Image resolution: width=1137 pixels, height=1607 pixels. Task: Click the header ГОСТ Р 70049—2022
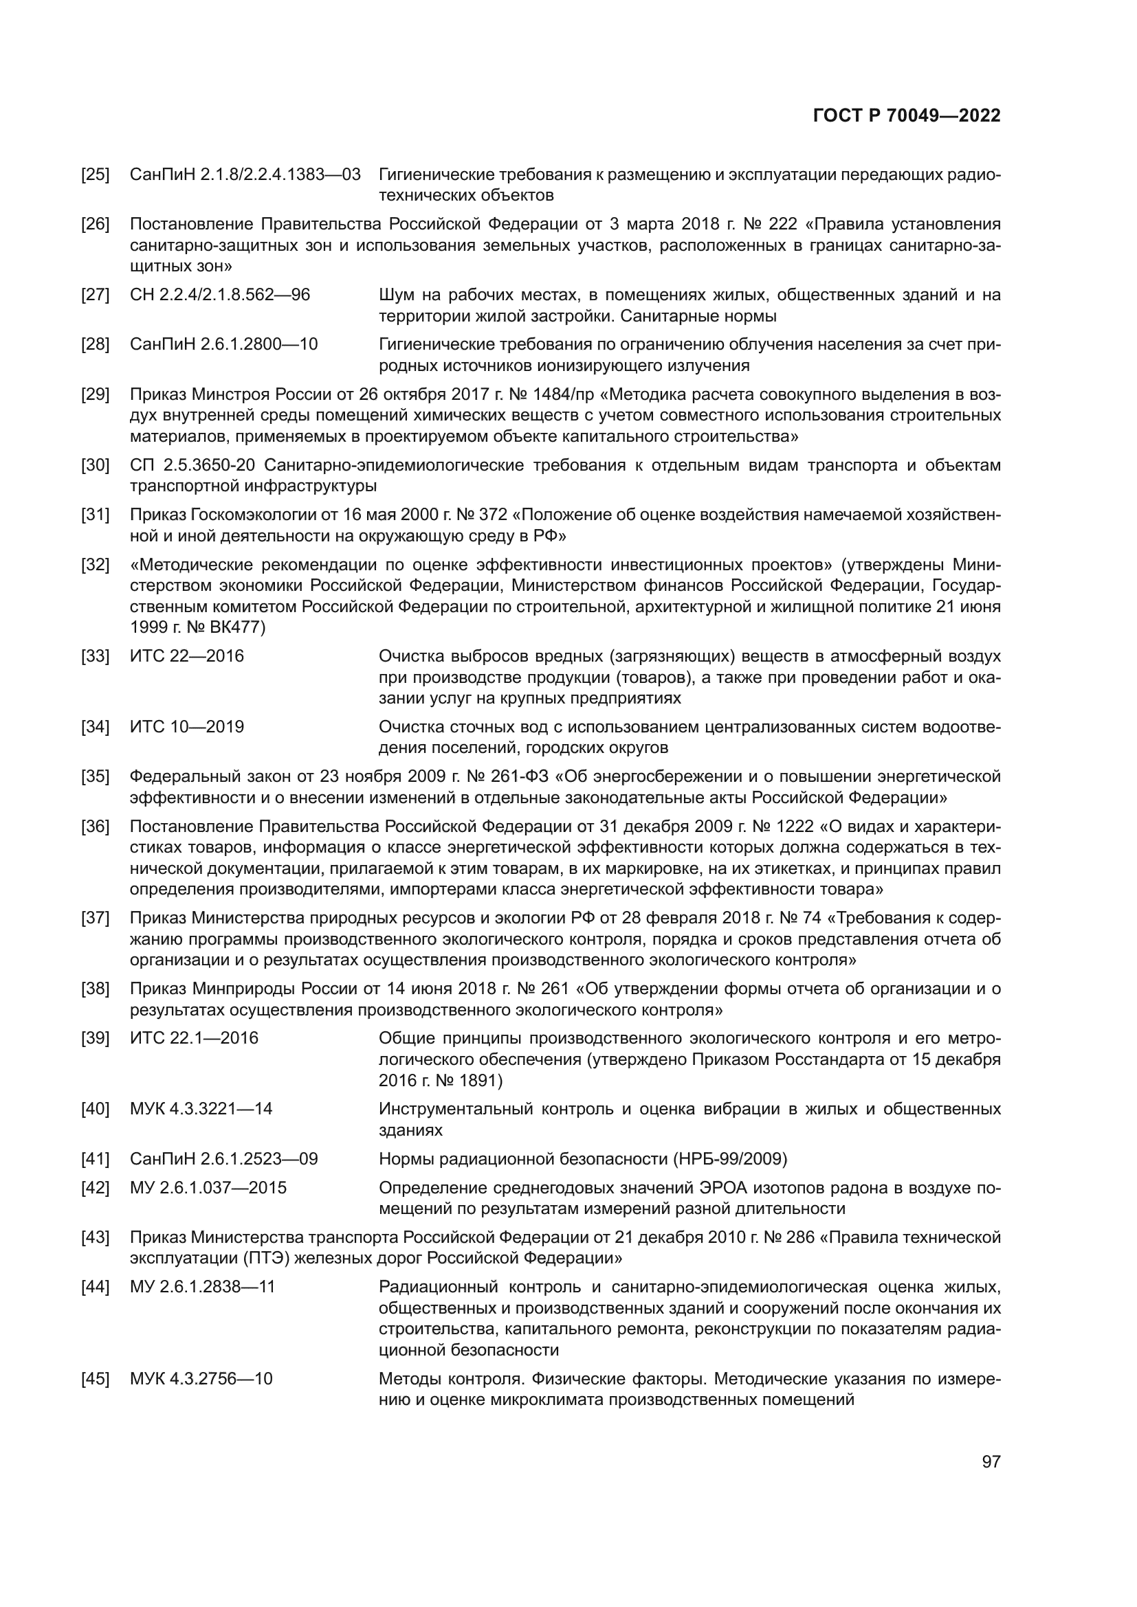pos(907,115)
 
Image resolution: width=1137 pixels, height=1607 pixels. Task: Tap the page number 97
pos(991,1461)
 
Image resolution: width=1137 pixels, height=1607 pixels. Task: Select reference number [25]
pos(96,175)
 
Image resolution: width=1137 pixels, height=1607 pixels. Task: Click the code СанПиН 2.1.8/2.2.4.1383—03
pos(245,175)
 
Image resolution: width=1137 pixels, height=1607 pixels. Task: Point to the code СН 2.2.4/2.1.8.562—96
pos(220,295)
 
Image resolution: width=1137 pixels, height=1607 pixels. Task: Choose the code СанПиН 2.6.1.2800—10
pos(224,344)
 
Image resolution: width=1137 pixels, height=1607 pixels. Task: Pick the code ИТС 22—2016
pos(187,657)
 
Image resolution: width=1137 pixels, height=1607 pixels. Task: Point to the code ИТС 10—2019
pos(187,727)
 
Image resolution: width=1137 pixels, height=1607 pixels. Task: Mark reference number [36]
pos(96,827)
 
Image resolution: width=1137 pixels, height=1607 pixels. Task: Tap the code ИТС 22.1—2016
pos(194,1038)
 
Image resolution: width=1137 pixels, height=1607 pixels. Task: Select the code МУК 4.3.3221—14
pos(201,1109)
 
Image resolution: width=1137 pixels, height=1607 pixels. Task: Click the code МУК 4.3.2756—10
pos(201,1379)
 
